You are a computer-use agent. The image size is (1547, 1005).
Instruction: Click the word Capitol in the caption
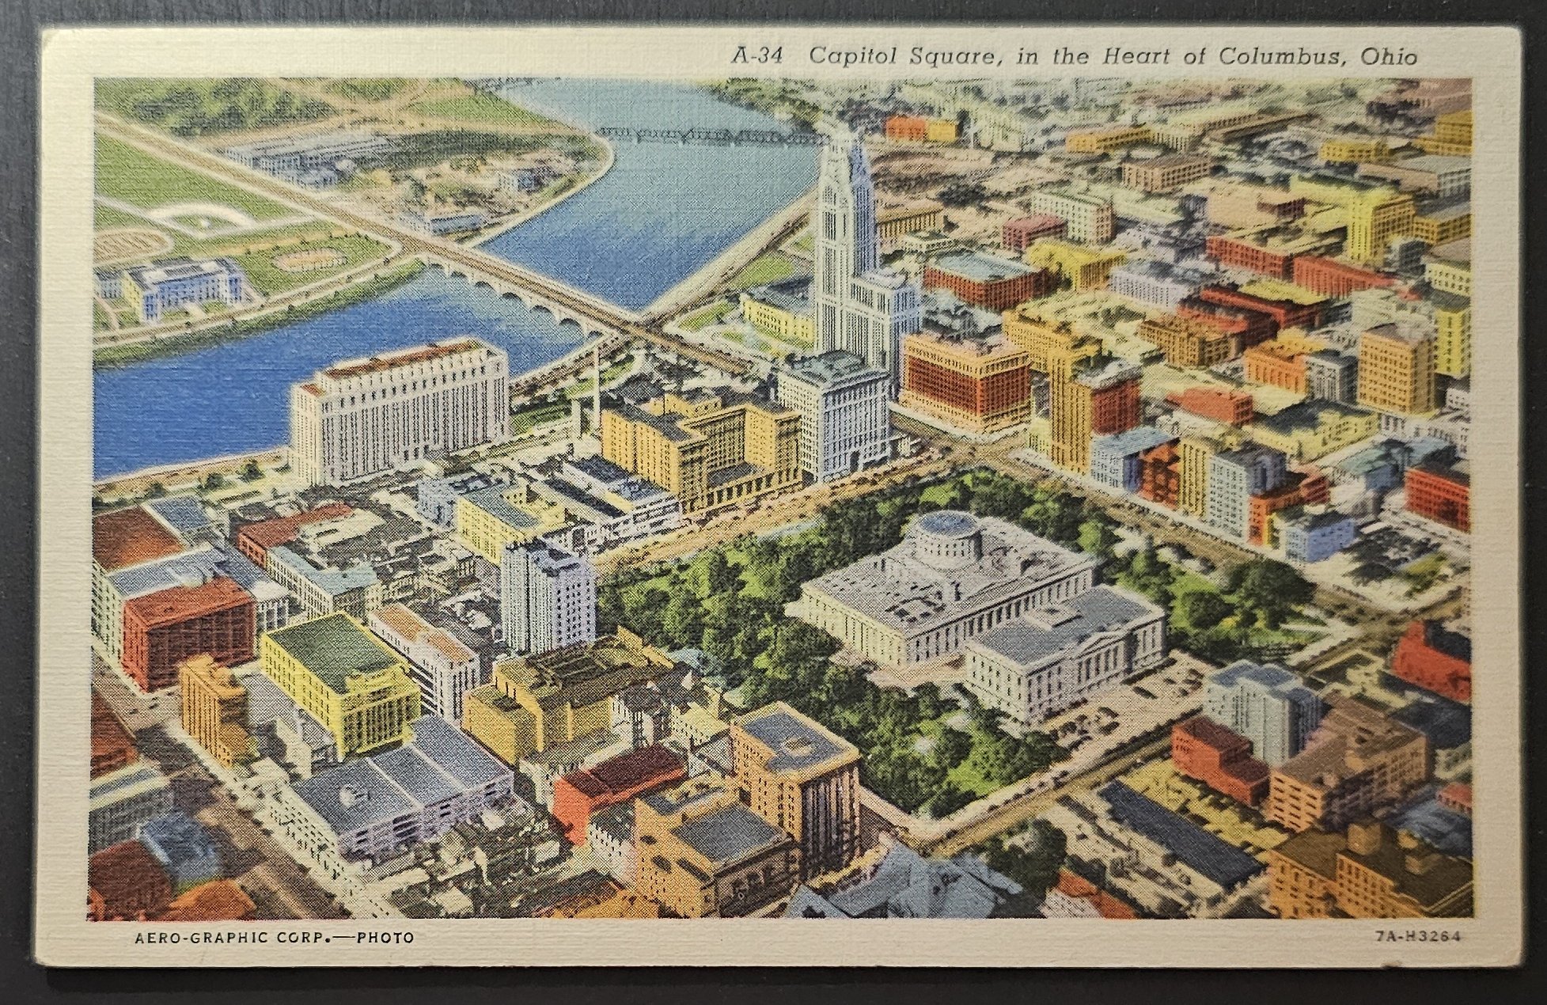[849, 57]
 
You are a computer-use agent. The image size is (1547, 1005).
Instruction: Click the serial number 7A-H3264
[1416, 936]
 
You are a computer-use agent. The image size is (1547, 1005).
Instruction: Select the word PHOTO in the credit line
[385, 939]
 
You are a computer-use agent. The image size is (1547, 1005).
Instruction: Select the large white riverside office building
[400, 411]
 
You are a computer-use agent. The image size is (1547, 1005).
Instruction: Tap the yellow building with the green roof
[340, 681]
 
